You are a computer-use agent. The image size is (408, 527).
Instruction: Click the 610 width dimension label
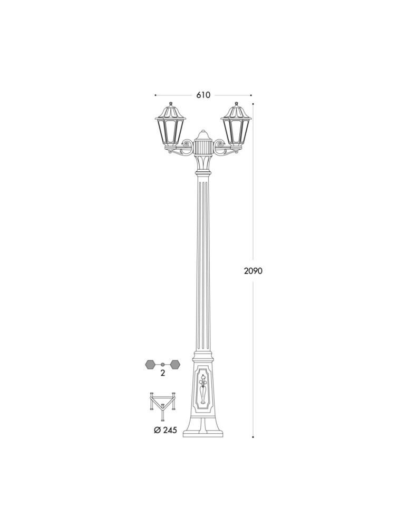203,95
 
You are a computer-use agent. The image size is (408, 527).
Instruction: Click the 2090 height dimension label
253,271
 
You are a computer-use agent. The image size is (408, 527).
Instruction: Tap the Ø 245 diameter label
165,430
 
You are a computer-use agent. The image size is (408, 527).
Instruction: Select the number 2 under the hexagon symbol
163,373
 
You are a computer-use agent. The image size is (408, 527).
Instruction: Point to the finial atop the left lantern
171,104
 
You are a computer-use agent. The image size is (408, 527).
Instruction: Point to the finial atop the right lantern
236,104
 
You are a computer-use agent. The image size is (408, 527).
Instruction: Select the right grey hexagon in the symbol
174,364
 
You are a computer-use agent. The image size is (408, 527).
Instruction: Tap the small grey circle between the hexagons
163,364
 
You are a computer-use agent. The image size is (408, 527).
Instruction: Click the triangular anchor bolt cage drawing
163,404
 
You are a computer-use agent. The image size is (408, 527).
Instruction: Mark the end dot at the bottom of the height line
253,437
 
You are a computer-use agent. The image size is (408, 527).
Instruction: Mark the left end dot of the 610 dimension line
155,95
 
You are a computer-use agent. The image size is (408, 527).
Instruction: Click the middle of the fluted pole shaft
203,263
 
